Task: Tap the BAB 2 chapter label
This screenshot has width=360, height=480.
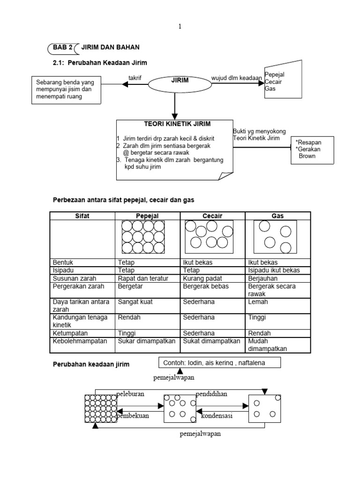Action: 61,47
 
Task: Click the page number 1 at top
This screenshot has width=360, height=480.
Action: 180,27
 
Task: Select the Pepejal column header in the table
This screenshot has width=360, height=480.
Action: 147,216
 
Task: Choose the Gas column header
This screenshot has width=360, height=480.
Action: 278,216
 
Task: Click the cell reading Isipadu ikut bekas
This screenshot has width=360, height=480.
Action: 274,270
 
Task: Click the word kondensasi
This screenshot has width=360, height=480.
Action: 218,415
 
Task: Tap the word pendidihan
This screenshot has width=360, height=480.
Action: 211,394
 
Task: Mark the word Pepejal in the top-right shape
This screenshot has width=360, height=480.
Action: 275,75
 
